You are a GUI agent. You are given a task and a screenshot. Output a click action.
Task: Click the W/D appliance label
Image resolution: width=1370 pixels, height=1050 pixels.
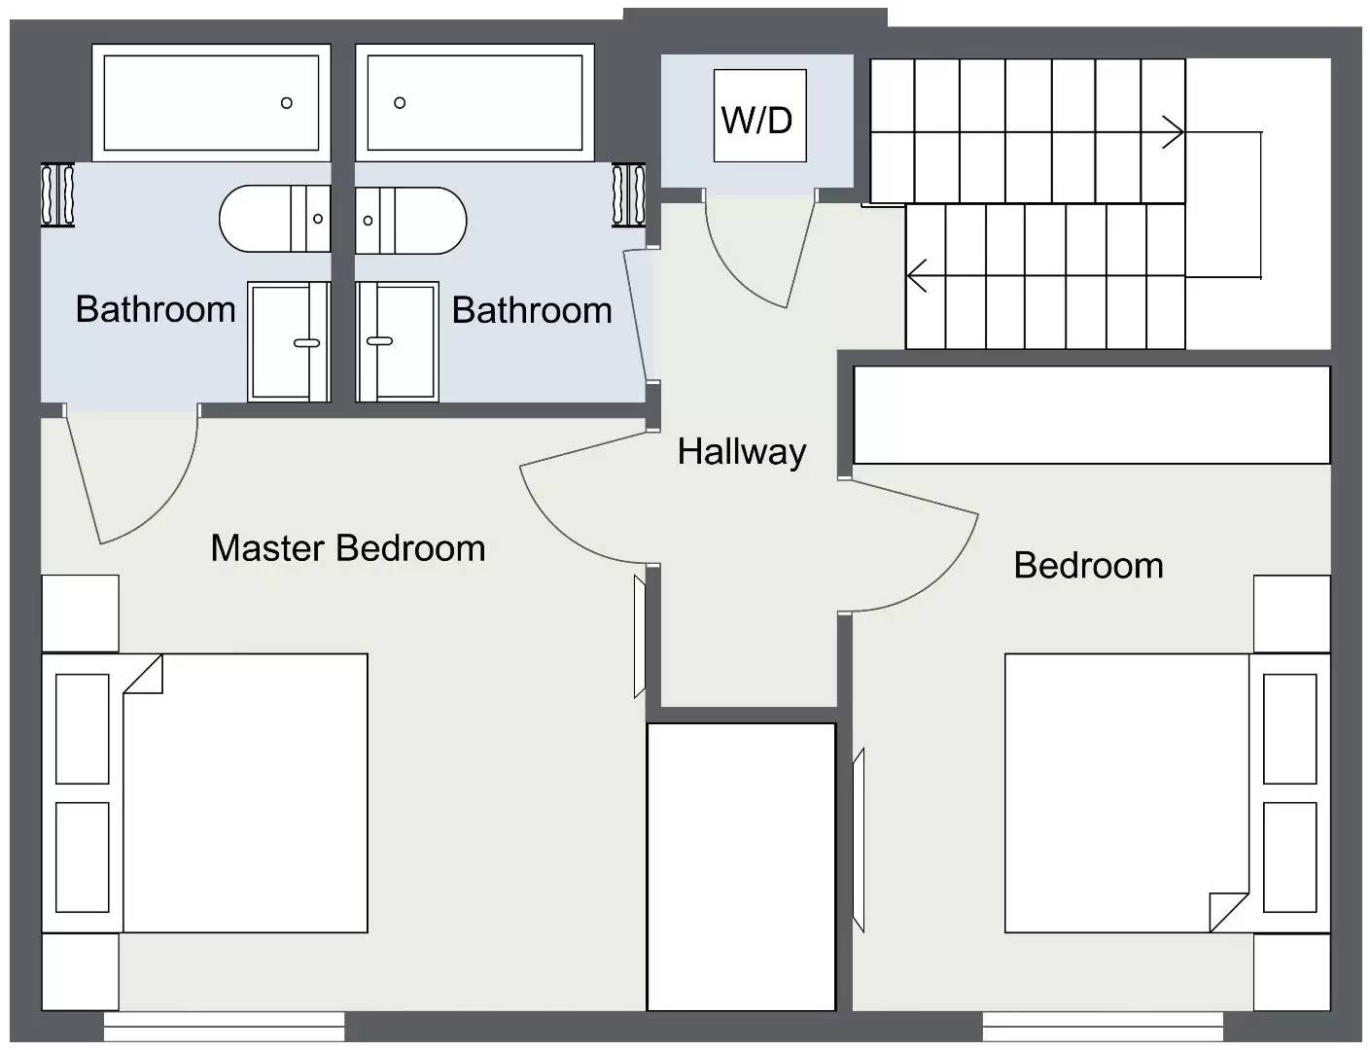[x=756, y=121]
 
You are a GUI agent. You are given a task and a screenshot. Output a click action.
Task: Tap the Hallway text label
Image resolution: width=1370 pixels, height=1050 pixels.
[x=742, y=452]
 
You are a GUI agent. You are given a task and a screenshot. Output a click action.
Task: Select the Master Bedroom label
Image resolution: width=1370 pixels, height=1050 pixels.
[x=347, y=548]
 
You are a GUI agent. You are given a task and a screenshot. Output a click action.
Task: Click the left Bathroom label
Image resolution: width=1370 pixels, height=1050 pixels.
[x=156, y=309]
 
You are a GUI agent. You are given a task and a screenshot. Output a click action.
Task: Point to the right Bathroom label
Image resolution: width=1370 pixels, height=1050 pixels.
[x=532, y=310]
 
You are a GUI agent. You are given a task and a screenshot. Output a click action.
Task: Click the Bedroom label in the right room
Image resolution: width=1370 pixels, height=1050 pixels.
[x=1088, y=565]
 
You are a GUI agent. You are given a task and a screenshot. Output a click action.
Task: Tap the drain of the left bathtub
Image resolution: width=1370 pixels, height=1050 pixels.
[x=287, y=103]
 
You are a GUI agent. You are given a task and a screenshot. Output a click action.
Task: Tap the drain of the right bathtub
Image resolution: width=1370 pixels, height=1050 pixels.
[x=400, y=103]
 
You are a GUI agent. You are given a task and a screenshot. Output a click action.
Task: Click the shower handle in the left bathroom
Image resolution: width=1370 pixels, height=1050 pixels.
[x=307, y=342]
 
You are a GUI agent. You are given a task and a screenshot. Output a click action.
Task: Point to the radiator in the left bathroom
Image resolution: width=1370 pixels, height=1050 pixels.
[x=57, y=195]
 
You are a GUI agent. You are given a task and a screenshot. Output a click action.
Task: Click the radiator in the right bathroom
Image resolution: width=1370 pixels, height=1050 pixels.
[x=628, y=195]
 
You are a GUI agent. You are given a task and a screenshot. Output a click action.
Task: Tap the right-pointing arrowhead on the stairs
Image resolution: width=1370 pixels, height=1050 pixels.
[x=1175, y=131]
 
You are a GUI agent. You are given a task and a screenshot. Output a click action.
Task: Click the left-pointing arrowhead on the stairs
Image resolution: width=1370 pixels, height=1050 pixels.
[x=916, y=276]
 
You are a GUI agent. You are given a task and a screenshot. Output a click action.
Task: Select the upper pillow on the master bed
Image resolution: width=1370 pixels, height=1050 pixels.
[x=83, y=728]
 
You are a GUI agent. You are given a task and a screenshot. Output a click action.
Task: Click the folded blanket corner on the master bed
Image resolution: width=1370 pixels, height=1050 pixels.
[x=144, y=674]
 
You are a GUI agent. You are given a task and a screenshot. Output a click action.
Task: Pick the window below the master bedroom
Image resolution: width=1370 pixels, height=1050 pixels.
[x=224, y=1027]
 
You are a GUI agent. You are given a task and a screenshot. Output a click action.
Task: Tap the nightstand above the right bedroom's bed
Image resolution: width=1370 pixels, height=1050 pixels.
[x=1291, y=613]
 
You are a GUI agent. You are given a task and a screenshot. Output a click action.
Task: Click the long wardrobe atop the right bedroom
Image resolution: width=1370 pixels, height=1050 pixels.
[x=1091, y=415]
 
